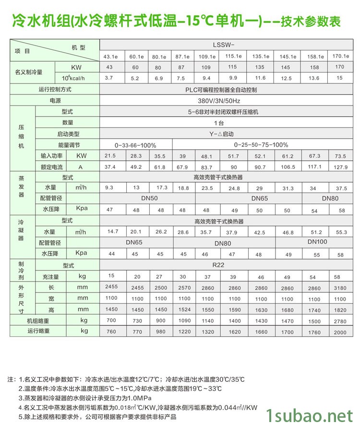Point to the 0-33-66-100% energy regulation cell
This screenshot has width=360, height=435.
135,145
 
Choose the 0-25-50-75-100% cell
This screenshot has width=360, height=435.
261,145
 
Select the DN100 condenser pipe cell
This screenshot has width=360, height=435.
317,242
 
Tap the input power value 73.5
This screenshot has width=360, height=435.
340,156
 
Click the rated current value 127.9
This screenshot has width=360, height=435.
340,167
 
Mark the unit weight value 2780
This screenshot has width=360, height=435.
340,320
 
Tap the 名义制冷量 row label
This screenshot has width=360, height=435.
29,72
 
